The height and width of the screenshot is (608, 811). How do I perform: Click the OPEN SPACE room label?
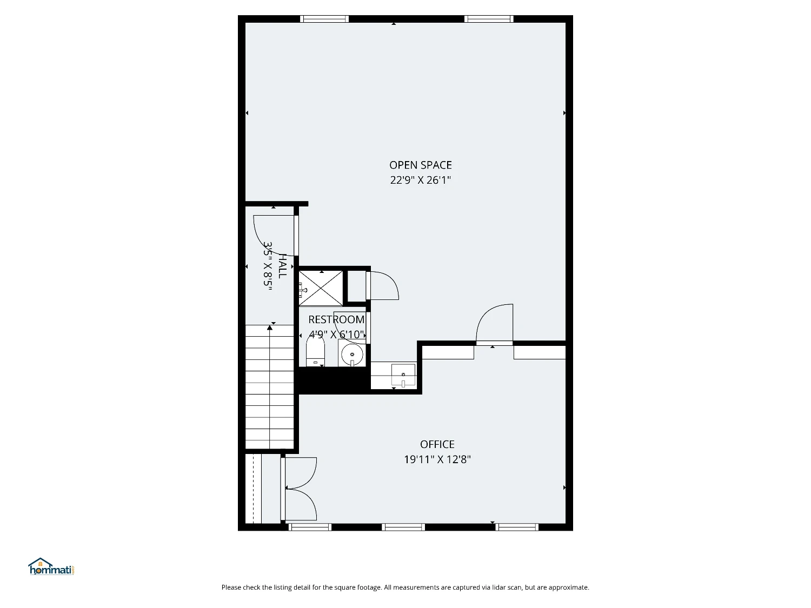421,165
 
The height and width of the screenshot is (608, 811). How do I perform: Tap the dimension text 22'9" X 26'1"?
421,180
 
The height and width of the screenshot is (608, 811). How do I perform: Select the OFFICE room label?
437,444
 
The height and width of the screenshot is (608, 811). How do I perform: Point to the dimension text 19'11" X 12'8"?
437,459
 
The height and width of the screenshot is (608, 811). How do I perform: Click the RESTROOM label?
336,319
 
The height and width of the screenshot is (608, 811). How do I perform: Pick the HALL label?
282,266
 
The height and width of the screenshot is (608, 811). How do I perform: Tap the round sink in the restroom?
352,354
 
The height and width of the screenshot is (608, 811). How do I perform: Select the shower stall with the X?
321,288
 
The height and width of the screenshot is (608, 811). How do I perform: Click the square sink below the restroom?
403,375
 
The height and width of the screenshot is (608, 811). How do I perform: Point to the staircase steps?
270,387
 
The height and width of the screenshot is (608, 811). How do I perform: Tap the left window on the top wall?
324,19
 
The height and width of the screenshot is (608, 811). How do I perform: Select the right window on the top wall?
489,19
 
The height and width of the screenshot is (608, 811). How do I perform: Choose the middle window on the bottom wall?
403,527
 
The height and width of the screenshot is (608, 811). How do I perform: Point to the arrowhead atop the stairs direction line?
270,328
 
